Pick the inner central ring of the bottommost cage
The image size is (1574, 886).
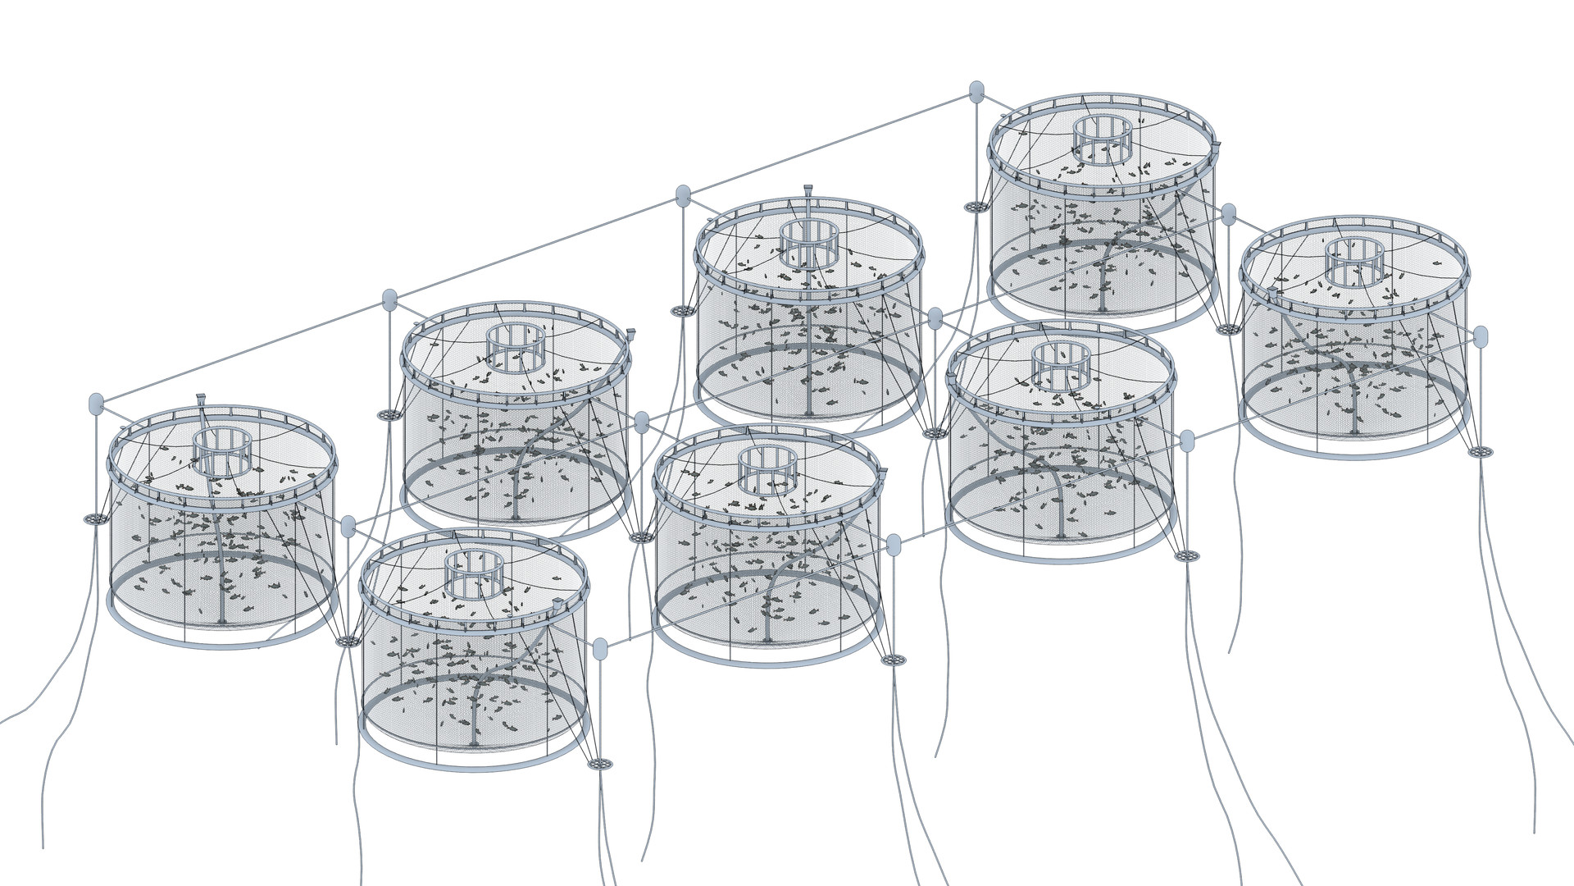472,573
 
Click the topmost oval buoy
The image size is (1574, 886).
976,91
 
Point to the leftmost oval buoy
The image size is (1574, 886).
96,403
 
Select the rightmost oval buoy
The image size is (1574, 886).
1481,336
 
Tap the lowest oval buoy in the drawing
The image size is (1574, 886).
600,649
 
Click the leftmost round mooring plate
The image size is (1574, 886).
96,519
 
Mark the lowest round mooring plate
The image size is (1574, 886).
600,764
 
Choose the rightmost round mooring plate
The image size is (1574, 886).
1480,450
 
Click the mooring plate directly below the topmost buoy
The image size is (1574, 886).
976,207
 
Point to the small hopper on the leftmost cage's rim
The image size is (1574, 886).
201,401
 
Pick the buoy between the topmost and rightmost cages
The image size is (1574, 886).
1228,215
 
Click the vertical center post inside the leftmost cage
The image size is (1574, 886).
221,574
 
